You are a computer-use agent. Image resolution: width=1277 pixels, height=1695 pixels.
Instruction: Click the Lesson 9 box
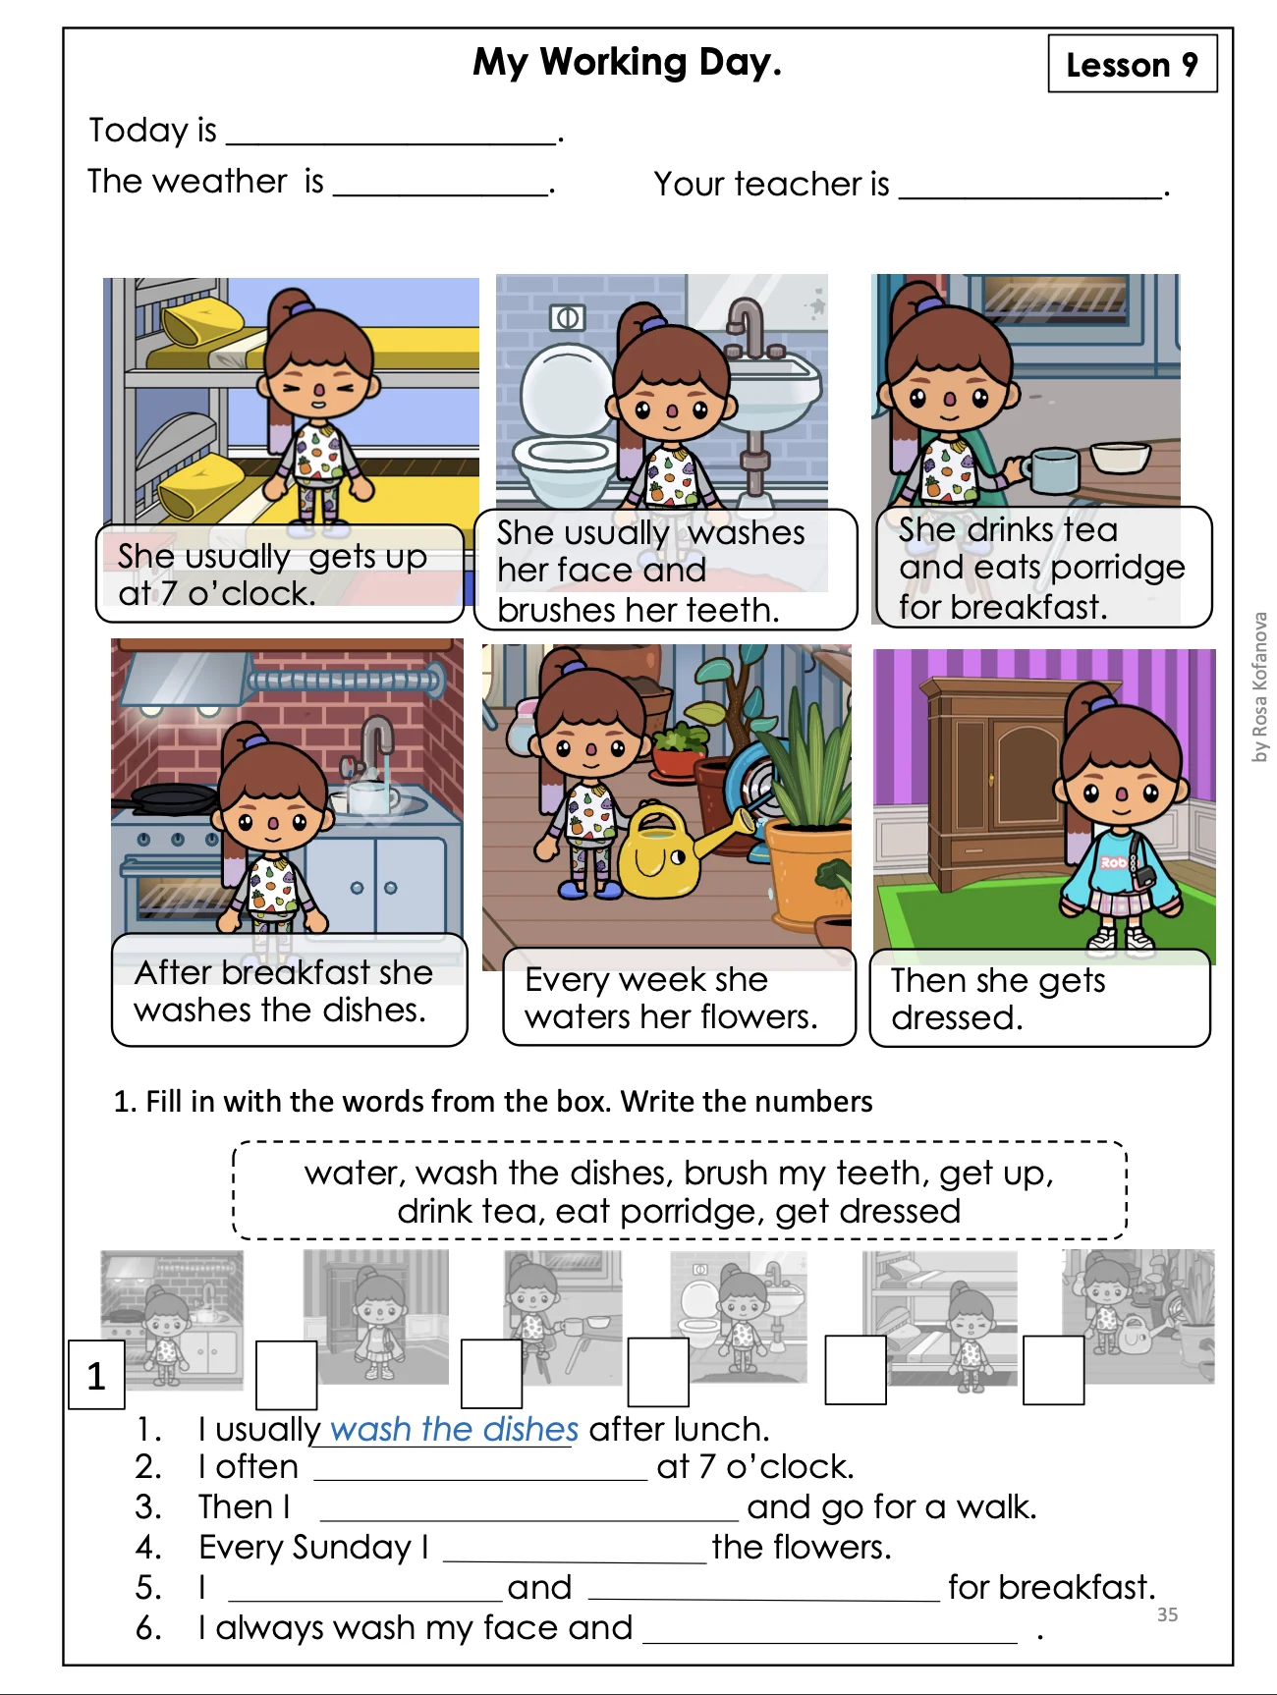click(x=1133, y=64)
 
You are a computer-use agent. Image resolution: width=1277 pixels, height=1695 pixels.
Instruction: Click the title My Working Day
click(x=627, y=62)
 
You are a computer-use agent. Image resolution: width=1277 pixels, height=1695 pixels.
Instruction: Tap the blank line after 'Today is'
click(x=391, y=143)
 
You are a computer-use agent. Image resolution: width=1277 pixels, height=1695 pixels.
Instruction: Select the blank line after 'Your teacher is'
click(x=1029, y=197)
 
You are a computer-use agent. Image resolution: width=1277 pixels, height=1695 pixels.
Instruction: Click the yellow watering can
click(x=678, y=850)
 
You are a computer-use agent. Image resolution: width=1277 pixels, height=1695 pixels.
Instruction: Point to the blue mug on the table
click(x=1052, y=469)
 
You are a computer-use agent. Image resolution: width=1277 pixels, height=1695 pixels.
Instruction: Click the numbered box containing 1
click(x=96, y=1375)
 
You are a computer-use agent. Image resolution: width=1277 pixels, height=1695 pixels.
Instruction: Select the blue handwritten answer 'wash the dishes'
click(x=454, y=1429)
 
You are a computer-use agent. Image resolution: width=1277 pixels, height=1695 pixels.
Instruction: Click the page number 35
click(x=1167, y=1614)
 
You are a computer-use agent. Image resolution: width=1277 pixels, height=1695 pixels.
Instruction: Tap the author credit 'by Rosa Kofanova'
click(x=1259, y=687)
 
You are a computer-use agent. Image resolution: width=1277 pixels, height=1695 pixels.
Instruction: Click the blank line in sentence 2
click(x=481, y=1478)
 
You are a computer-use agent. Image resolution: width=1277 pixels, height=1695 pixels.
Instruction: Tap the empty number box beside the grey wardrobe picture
click(x=286, y=1375)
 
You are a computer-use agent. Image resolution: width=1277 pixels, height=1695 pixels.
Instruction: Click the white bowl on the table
click(x=1120, y=458)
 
